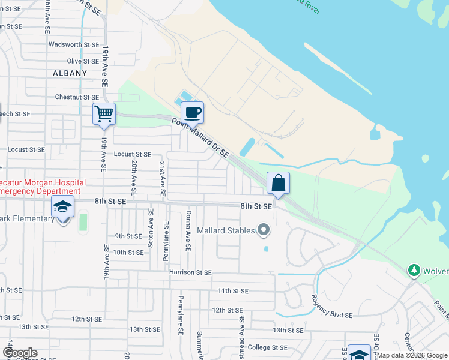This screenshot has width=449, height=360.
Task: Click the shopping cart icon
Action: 104,113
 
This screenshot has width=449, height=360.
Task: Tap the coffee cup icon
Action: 192,112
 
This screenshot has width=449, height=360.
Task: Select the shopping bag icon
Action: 279,183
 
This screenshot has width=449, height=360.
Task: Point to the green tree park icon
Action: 414,271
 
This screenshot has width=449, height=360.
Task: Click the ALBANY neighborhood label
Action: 70,73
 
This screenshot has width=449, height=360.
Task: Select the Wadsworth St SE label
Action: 74,44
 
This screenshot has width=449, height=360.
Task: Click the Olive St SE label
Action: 83,61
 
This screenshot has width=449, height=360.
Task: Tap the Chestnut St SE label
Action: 77,97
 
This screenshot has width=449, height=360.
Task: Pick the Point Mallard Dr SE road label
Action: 200,137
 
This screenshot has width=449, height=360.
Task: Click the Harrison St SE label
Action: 190,272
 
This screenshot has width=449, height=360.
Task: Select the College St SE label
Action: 268,347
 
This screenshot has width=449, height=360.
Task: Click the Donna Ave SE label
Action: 188,230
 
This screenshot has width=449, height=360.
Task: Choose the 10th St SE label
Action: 128,253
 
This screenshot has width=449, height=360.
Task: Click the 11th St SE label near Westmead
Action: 233,290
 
